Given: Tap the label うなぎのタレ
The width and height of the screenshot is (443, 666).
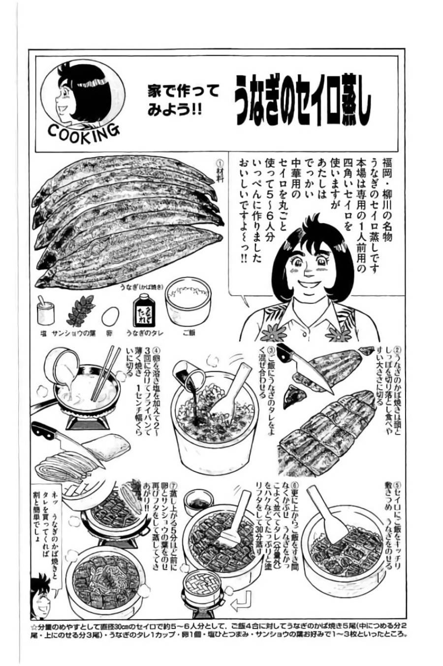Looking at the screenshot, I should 144,333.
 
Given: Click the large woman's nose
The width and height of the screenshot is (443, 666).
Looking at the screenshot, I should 307,282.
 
